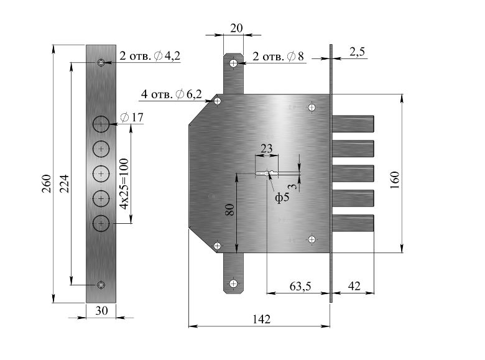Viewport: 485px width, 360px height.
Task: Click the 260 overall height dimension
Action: point(47,183)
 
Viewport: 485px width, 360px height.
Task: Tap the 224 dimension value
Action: point(64,183)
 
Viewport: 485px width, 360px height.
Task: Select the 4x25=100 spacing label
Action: point(124,183)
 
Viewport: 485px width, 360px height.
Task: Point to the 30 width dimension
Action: point(101,310)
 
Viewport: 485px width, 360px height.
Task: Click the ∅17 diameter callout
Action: point(132,118)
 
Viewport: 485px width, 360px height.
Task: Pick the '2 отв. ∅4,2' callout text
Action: point(150,56)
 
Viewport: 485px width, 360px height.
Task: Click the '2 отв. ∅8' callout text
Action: point(278,57)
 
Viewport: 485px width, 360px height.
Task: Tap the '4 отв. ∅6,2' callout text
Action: point(172,94)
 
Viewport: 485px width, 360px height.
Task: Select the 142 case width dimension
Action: point(261,319)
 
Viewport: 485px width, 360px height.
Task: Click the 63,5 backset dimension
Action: point(300,287)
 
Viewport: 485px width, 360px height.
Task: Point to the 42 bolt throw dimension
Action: point(354,286)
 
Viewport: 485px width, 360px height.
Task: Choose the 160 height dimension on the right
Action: point(395,180)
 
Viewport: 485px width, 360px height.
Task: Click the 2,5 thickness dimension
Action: point(358,52)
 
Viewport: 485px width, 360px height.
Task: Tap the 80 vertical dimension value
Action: point(230,210)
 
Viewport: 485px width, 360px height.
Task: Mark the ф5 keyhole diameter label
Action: point(282,197)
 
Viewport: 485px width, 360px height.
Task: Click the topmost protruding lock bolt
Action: point(353,124)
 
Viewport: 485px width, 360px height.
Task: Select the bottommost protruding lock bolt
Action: point(353,223)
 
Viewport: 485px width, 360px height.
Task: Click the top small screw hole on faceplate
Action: point(101,63)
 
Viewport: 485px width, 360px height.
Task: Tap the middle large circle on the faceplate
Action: point(101,174)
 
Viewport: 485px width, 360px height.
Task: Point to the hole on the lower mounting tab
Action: point(233,284)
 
